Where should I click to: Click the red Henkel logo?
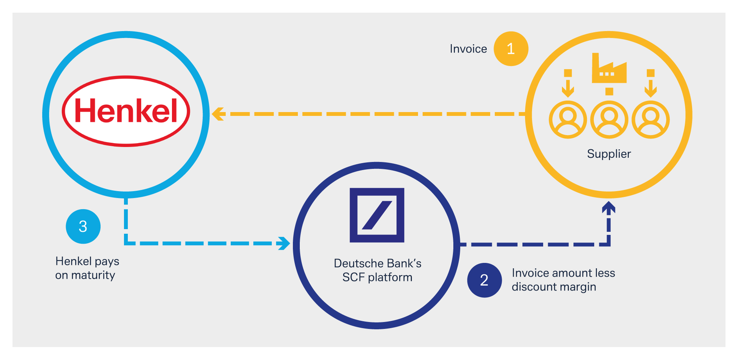click(126, 111)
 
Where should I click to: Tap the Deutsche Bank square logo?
click(377, 215)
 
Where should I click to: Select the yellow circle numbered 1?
click(511, 49)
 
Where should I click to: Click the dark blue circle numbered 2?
click(484, 280)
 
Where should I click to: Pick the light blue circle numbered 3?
click(83, 226)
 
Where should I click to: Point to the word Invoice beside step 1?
click(468, 49)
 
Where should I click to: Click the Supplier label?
click(609, 154)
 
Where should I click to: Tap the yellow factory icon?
click(609, 68)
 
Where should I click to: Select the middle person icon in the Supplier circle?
click(609, 120)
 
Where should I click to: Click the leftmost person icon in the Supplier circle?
click(568, 120)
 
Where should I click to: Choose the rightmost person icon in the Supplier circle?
click(651, 120)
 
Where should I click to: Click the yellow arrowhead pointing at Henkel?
click(218, 114)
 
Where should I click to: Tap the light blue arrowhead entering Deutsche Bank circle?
click(284, 243)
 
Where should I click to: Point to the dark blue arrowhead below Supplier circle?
click(609, 207)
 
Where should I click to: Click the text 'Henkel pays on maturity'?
click(87, 268)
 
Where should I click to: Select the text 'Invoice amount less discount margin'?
click(563, 280)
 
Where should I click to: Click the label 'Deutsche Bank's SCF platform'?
click(377, 270)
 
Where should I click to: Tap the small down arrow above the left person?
click(568, 83)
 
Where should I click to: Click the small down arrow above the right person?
click(651, 83)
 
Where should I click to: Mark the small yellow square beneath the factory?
click(609, 91)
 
